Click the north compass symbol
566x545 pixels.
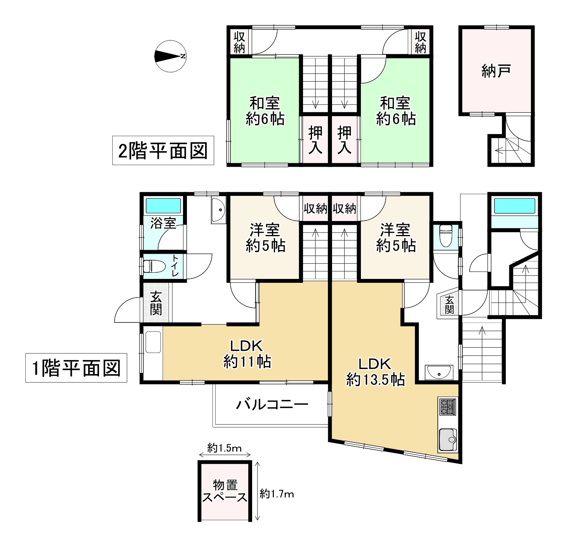(x=169, y=56)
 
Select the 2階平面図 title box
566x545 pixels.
(x=163, y=150)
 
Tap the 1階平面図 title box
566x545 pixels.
(x=76, y=367)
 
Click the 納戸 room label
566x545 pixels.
(x=496, y=71)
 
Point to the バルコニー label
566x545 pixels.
(x=272, y=405)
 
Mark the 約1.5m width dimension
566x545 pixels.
(x=225, y=448)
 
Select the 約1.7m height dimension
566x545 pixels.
(x=277, y=494)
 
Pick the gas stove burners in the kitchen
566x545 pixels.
(x=448, y=407)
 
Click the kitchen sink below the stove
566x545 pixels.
(x=448, y=440)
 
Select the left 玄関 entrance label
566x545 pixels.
(x=156, y=303)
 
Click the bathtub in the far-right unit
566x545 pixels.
(x=514, y=206)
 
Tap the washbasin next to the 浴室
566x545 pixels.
(x=219, y=210)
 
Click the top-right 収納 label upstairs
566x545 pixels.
(x=421, y=42)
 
